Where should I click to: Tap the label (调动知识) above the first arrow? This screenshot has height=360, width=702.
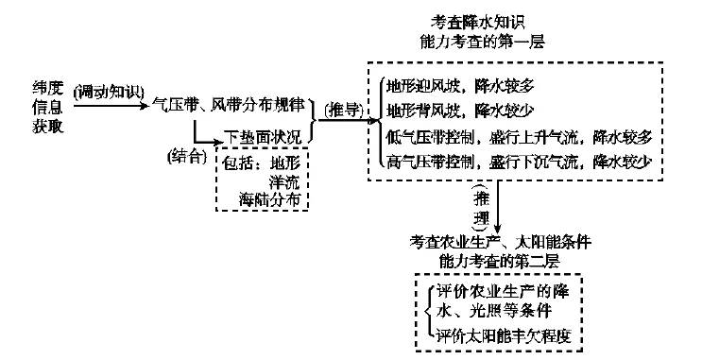[x=107, y=93]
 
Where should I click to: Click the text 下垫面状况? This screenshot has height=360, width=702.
[x=263, y=138]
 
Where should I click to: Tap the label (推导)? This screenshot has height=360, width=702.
[x=341, y=111]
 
